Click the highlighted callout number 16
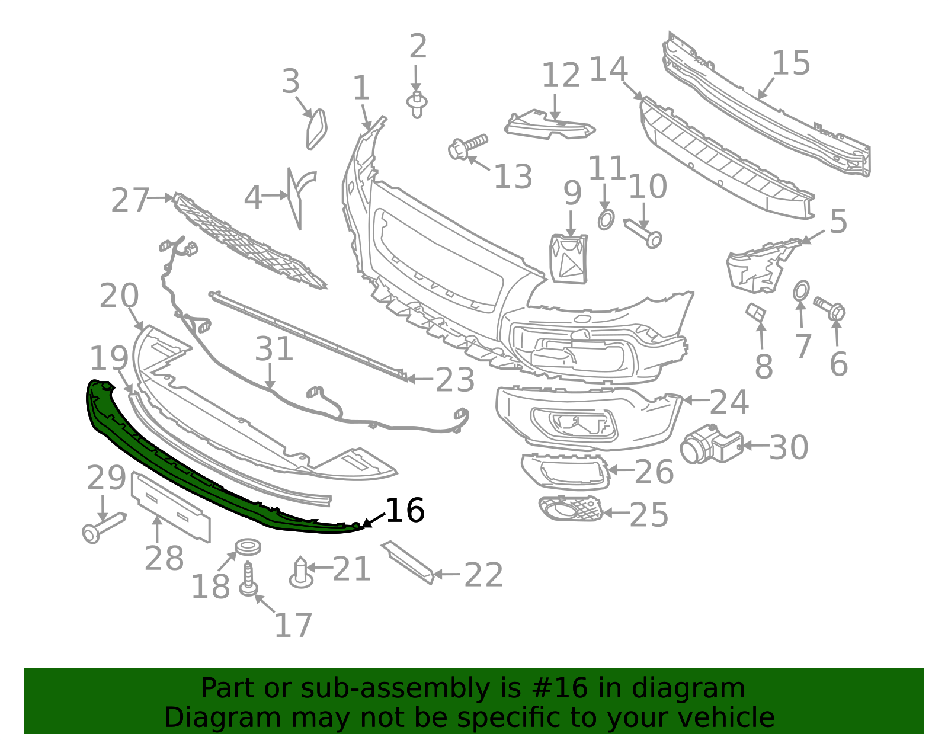point(405,510)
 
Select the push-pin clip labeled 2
point(417,104)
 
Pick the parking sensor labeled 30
point(709,444)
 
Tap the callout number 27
point(130,200)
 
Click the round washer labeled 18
point(248,546)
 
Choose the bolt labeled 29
point(104,526)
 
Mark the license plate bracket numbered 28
point(171,507)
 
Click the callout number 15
point(791,63)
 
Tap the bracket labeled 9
point(569,259)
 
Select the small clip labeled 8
point(755,312)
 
